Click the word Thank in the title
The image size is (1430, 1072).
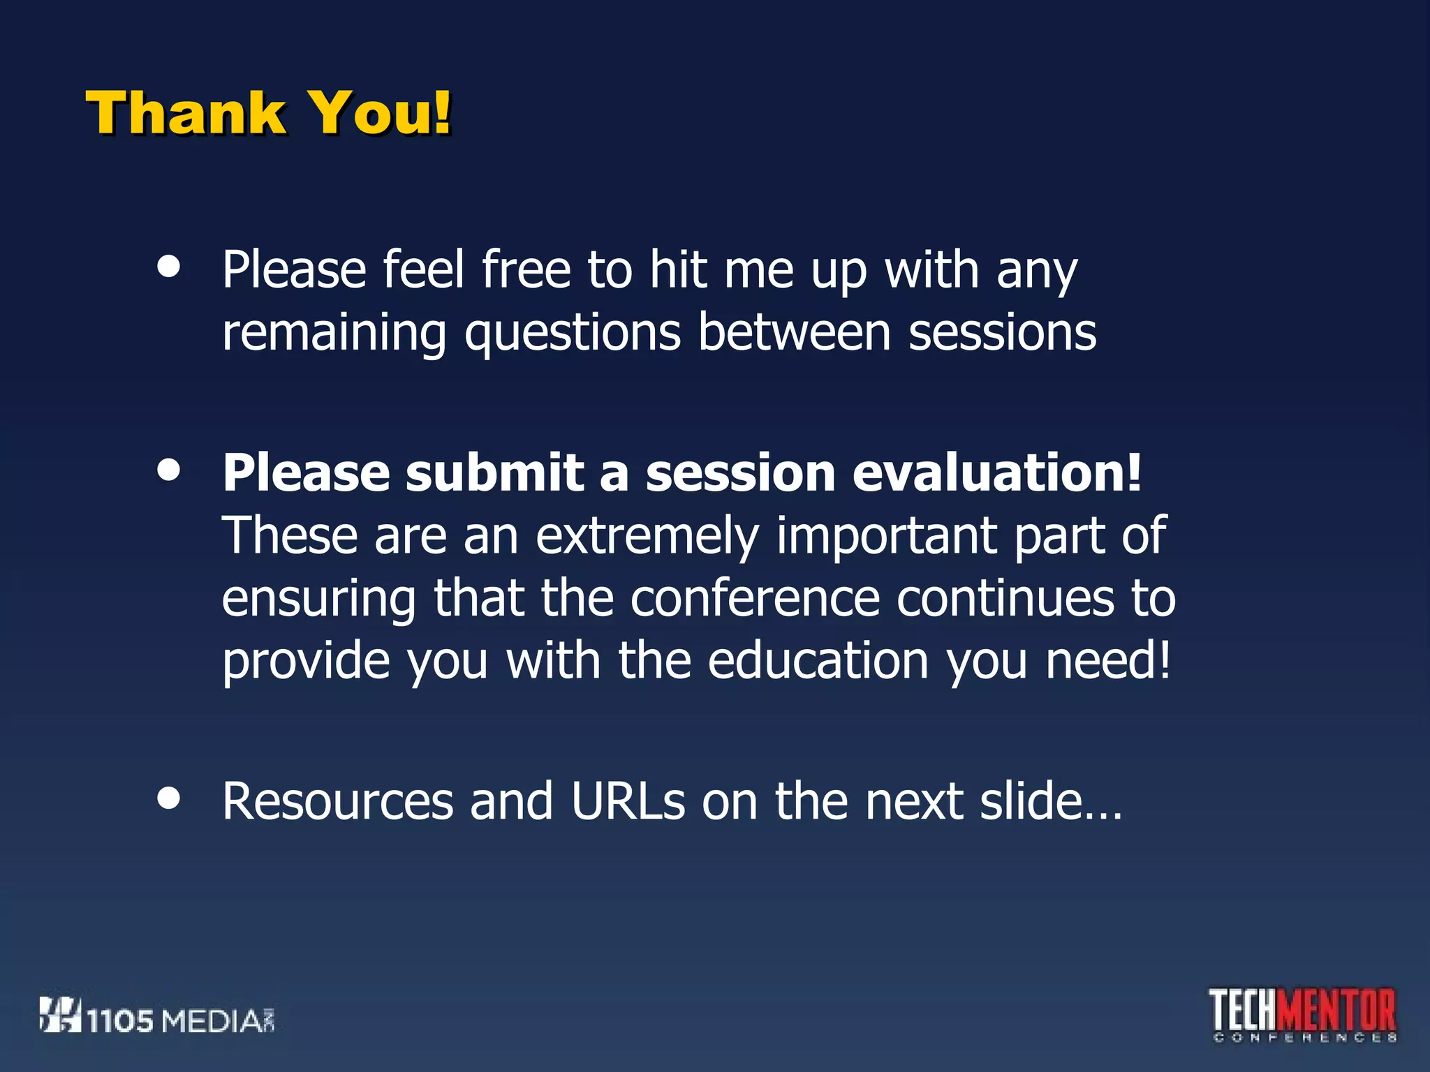coord(185,113)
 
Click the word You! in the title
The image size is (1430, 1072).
coord(381,113)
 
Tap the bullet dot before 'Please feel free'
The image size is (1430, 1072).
coord(169,267)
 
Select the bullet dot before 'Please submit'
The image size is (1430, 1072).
coord(169,470)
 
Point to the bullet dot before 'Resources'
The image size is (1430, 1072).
coord(169,798)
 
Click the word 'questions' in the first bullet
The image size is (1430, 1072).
coord(573,334)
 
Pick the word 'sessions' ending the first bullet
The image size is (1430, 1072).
coord(1002,332)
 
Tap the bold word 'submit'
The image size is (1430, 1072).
coord(494,472)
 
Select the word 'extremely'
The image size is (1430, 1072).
coord(647,536)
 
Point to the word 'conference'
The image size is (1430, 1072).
coord(755,599)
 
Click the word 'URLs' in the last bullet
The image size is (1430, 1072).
coord(628,801)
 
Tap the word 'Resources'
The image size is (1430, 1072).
coord(338,801)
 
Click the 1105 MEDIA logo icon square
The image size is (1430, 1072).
coord(59,1015)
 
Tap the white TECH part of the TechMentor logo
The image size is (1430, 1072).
coord(1244,1011)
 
